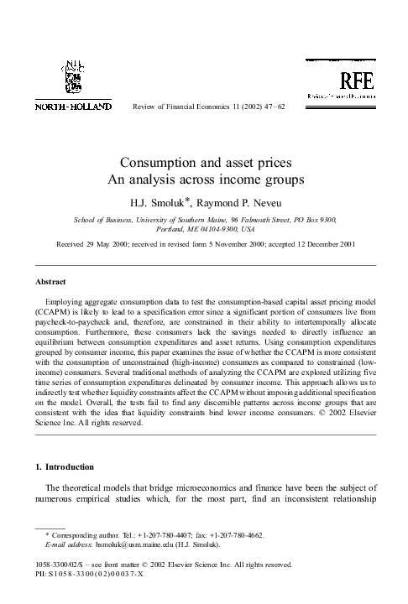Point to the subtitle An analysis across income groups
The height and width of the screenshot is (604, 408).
pos(203,180)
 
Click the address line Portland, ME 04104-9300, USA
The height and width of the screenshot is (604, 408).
pos(203,227)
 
